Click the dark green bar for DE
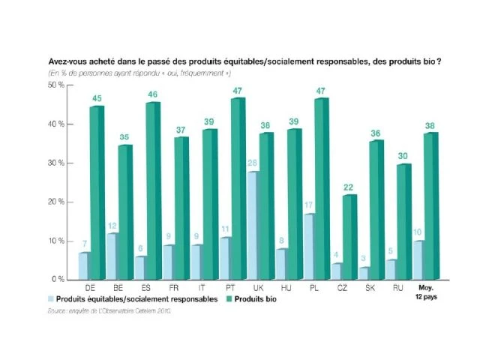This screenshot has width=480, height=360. click(x=97, y=193)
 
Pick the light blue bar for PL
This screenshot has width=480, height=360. click(x=309, y=246)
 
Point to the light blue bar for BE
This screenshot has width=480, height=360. click(x=112, y=256)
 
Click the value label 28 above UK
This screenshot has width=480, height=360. click(x=253, y=163)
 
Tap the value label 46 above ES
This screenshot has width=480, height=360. click(x=153, y=94)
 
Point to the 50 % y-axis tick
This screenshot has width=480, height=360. click(x=57, y=85)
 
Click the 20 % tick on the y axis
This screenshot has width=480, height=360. click(x=57, y=202)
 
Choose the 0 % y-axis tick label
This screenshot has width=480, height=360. click(x=58, y=279)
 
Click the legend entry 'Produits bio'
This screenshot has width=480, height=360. click(x=256, y=298)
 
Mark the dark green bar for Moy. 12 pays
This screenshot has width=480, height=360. click(x=431, y=206)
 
